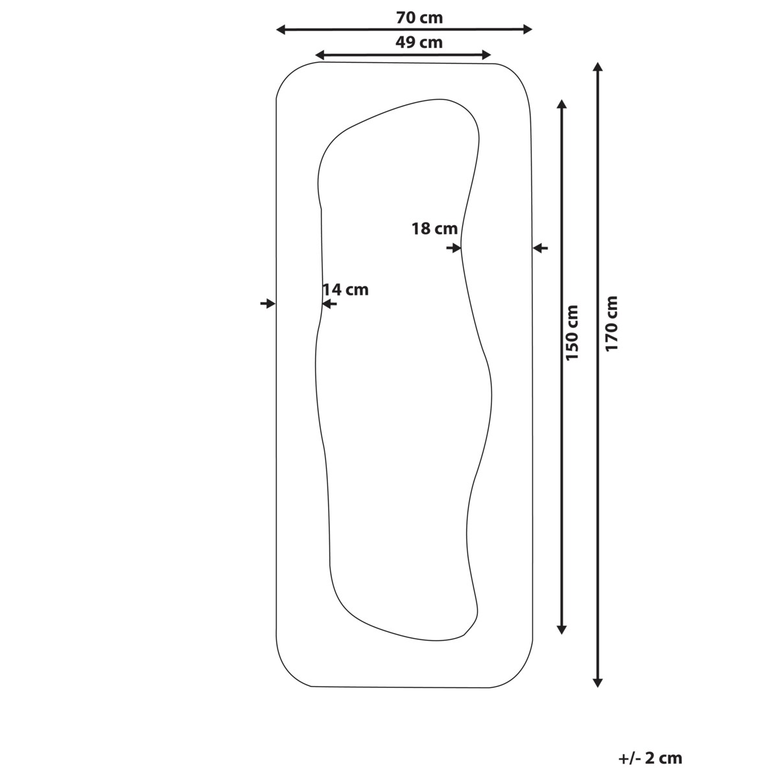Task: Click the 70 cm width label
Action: [419, 18]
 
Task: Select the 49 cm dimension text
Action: [419, 43]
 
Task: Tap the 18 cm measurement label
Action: [434, 228]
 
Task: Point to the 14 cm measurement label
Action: [346, 290]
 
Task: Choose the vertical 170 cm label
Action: [611, 324]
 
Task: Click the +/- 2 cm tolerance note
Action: [650, 757]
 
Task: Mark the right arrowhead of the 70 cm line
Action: [528, 29]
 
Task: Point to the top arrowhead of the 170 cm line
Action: [598, 67]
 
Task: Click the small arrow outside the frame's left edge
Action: [267, 303]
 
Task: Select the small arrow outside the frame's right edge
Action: [541, 248]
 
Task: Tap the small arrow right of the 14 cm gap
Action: [329, 303]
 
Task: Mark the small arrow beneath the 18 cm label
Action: [454, 248]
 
